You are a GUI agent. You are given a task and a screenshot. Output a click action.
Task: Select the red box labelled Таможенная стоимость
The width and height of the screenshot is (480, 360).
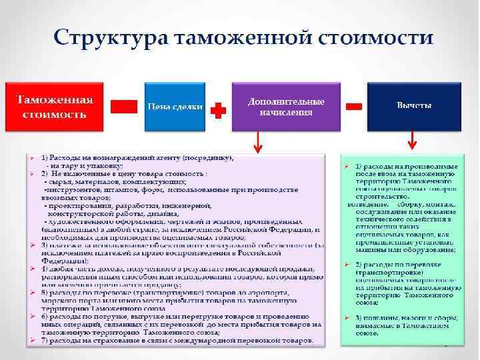(55, 107)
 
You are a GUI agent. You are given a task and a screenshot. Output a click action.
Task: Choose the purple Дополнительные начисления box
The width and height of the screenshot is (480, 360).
(286, 107)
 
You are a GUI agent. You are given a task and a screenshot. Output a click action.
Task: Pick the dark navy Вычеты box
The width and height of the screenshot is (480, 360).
(413, 107)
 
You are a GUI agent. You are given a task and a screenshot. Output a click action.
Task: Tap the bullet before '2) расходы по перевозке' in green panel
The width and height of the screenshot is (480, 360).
(348, 265)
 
